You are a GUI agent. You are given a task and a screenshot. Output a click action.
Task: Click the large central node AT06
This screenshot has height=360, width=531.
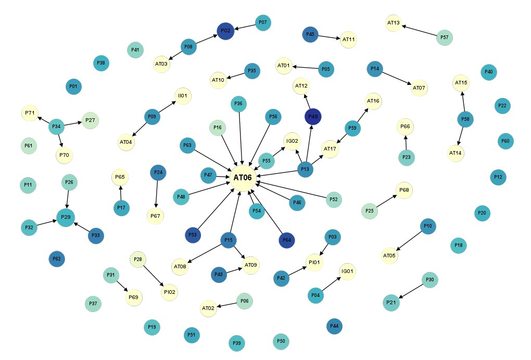pos(243,178)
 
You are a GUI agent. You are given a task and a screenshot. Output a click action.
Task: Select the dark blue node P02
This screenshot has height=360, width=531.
pos(225,31)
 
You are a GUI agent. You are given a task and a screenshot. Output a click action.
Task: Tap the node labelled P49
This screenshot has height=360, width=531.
pos(313,117)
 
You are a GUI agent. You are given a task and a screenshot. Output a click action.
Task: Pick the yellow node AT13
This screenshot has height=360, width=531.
pos(394,23)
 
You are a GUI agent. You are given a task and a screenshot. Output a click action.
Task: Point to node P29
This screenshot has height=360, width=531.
pos(66,217)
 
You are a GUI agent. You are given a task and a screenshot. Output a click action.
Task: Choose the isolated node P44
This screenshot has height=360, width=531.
pos(335,326)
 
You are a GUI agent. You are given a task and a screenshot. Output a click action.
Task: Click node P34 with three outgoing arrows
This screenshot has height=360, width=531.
pos(57,127)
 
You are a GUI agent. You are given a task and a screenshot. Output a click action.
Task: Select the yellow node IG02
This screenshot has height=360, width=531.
pos(292,141)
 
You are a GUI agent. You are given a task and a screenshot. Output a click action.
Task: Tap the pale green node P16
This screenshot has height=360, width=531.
pos(218,128)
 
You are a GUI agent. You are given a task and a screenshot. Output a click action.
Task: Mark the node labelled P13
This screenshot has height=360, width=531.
pos(305,169)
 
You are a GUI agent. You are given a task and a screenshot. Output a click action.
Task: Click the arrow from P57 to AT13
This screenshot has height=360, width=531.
pos(419,30)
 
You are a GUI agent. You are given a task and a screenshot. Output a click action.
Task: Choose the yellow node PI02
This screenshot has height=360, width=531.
pos(170,292)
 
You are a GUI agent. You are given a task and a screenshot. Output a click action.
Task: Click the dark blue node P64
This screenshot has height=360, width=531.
pos(287,240)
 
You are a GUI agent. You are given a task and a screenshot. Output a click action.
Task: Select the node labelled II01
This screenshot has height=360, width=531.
pos(183,96)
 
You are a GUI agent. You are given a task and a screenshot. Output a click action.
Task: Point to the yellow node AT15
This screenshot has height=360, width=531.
pos(461,83)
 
